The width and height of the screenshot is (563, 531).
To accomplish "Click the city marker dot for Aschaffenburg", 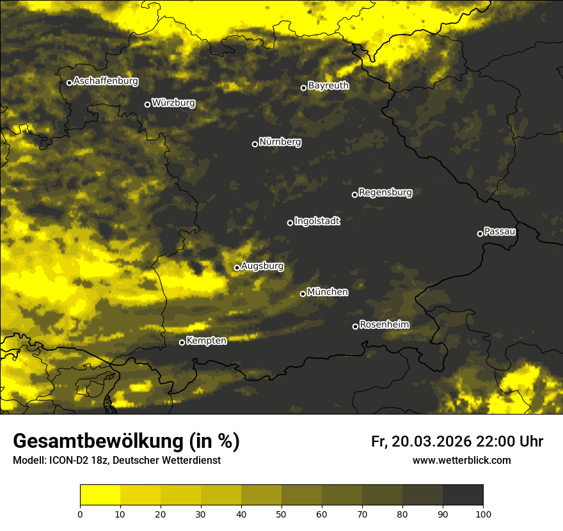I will click(x=69, y=83).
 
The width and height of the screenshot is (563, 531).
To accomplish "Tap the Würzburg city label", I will click(x=173, y=103).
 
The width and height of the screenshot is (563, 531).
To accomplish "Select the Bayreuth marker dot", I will click(x=304, y=88).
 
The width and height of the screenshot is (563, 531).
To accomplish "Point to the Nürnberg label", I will click(x=280, y=142).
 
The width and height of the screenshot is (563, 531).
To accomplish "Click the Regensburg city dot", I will click(x=354, y=194).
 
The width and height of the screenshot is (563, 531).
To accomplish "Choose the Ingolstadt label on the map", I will click(x=317, y=221).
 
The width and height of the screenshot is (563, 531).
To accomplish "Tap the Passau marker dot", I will click(x=480, y=234).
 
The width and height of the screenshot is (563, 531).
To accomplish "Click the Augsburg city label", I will click(x=262, y=266).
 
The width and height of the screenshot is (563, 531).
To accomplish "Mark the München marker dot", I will click(x=303, y=294).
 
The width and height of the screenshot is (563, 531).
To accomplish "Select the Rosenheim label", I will click(x=384, y=325).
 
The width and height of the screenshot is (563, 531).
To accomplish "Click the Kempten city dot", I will click(x=182, y=342).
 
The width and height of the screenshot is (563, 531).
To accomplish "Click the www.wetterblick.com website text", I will click(x=461, y=460).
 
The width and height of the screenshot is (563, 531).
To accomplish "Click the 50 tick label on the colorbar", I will click(x=281, y=513).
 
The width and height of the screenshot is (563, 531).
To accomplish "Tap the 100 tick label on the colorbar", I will click(x=482, y=513).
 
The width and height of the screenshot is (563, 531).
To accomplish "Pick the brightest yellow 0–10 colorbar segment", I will click(x=100, y=495).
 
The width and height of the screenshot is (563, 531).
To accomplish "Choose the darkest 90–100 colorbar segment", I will click(x=463, y=495).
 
